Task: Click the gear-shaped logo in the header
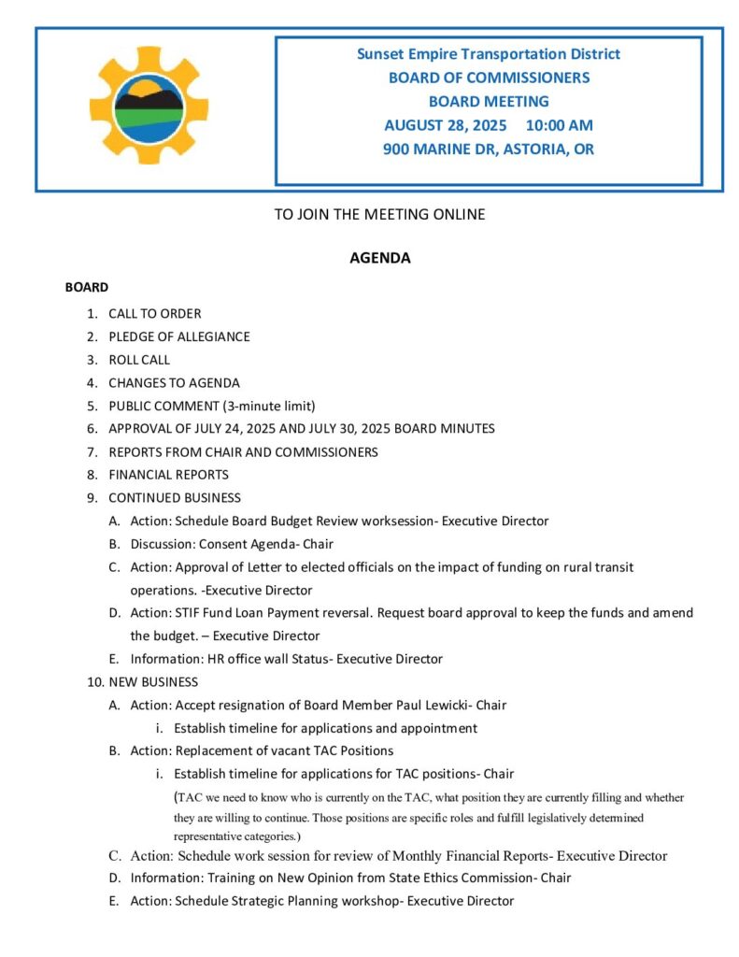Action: (x=149, y=106)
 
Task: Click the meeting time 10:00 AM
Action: (x=559, y=125)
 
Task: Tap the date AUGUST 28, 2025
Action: (x=445, y=125)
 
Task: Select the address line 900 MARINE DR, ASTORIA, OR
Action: (x=489, y=149)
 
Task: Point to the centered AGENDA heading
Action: (x=379, y=258)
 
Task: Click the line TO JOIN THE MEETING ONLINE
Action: (x=379, y=214)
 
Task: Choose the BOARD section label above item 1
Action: (x=87, y=287)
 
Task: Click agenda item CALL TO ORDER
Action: (x=154, y=313)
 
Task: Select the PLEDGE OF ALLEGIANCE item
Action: (x=178, y=336)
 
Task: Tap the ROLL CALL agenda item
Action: (x=139, y=359)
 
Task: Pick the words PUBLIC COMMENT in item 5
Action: (x=159, y=406)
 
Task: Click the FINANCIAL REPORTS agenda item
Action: (x=168, y=474)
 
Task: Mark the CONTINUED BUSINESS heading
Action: (x=174, y=497)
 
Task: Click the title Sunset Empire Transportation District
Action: (x=489, y=54)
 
